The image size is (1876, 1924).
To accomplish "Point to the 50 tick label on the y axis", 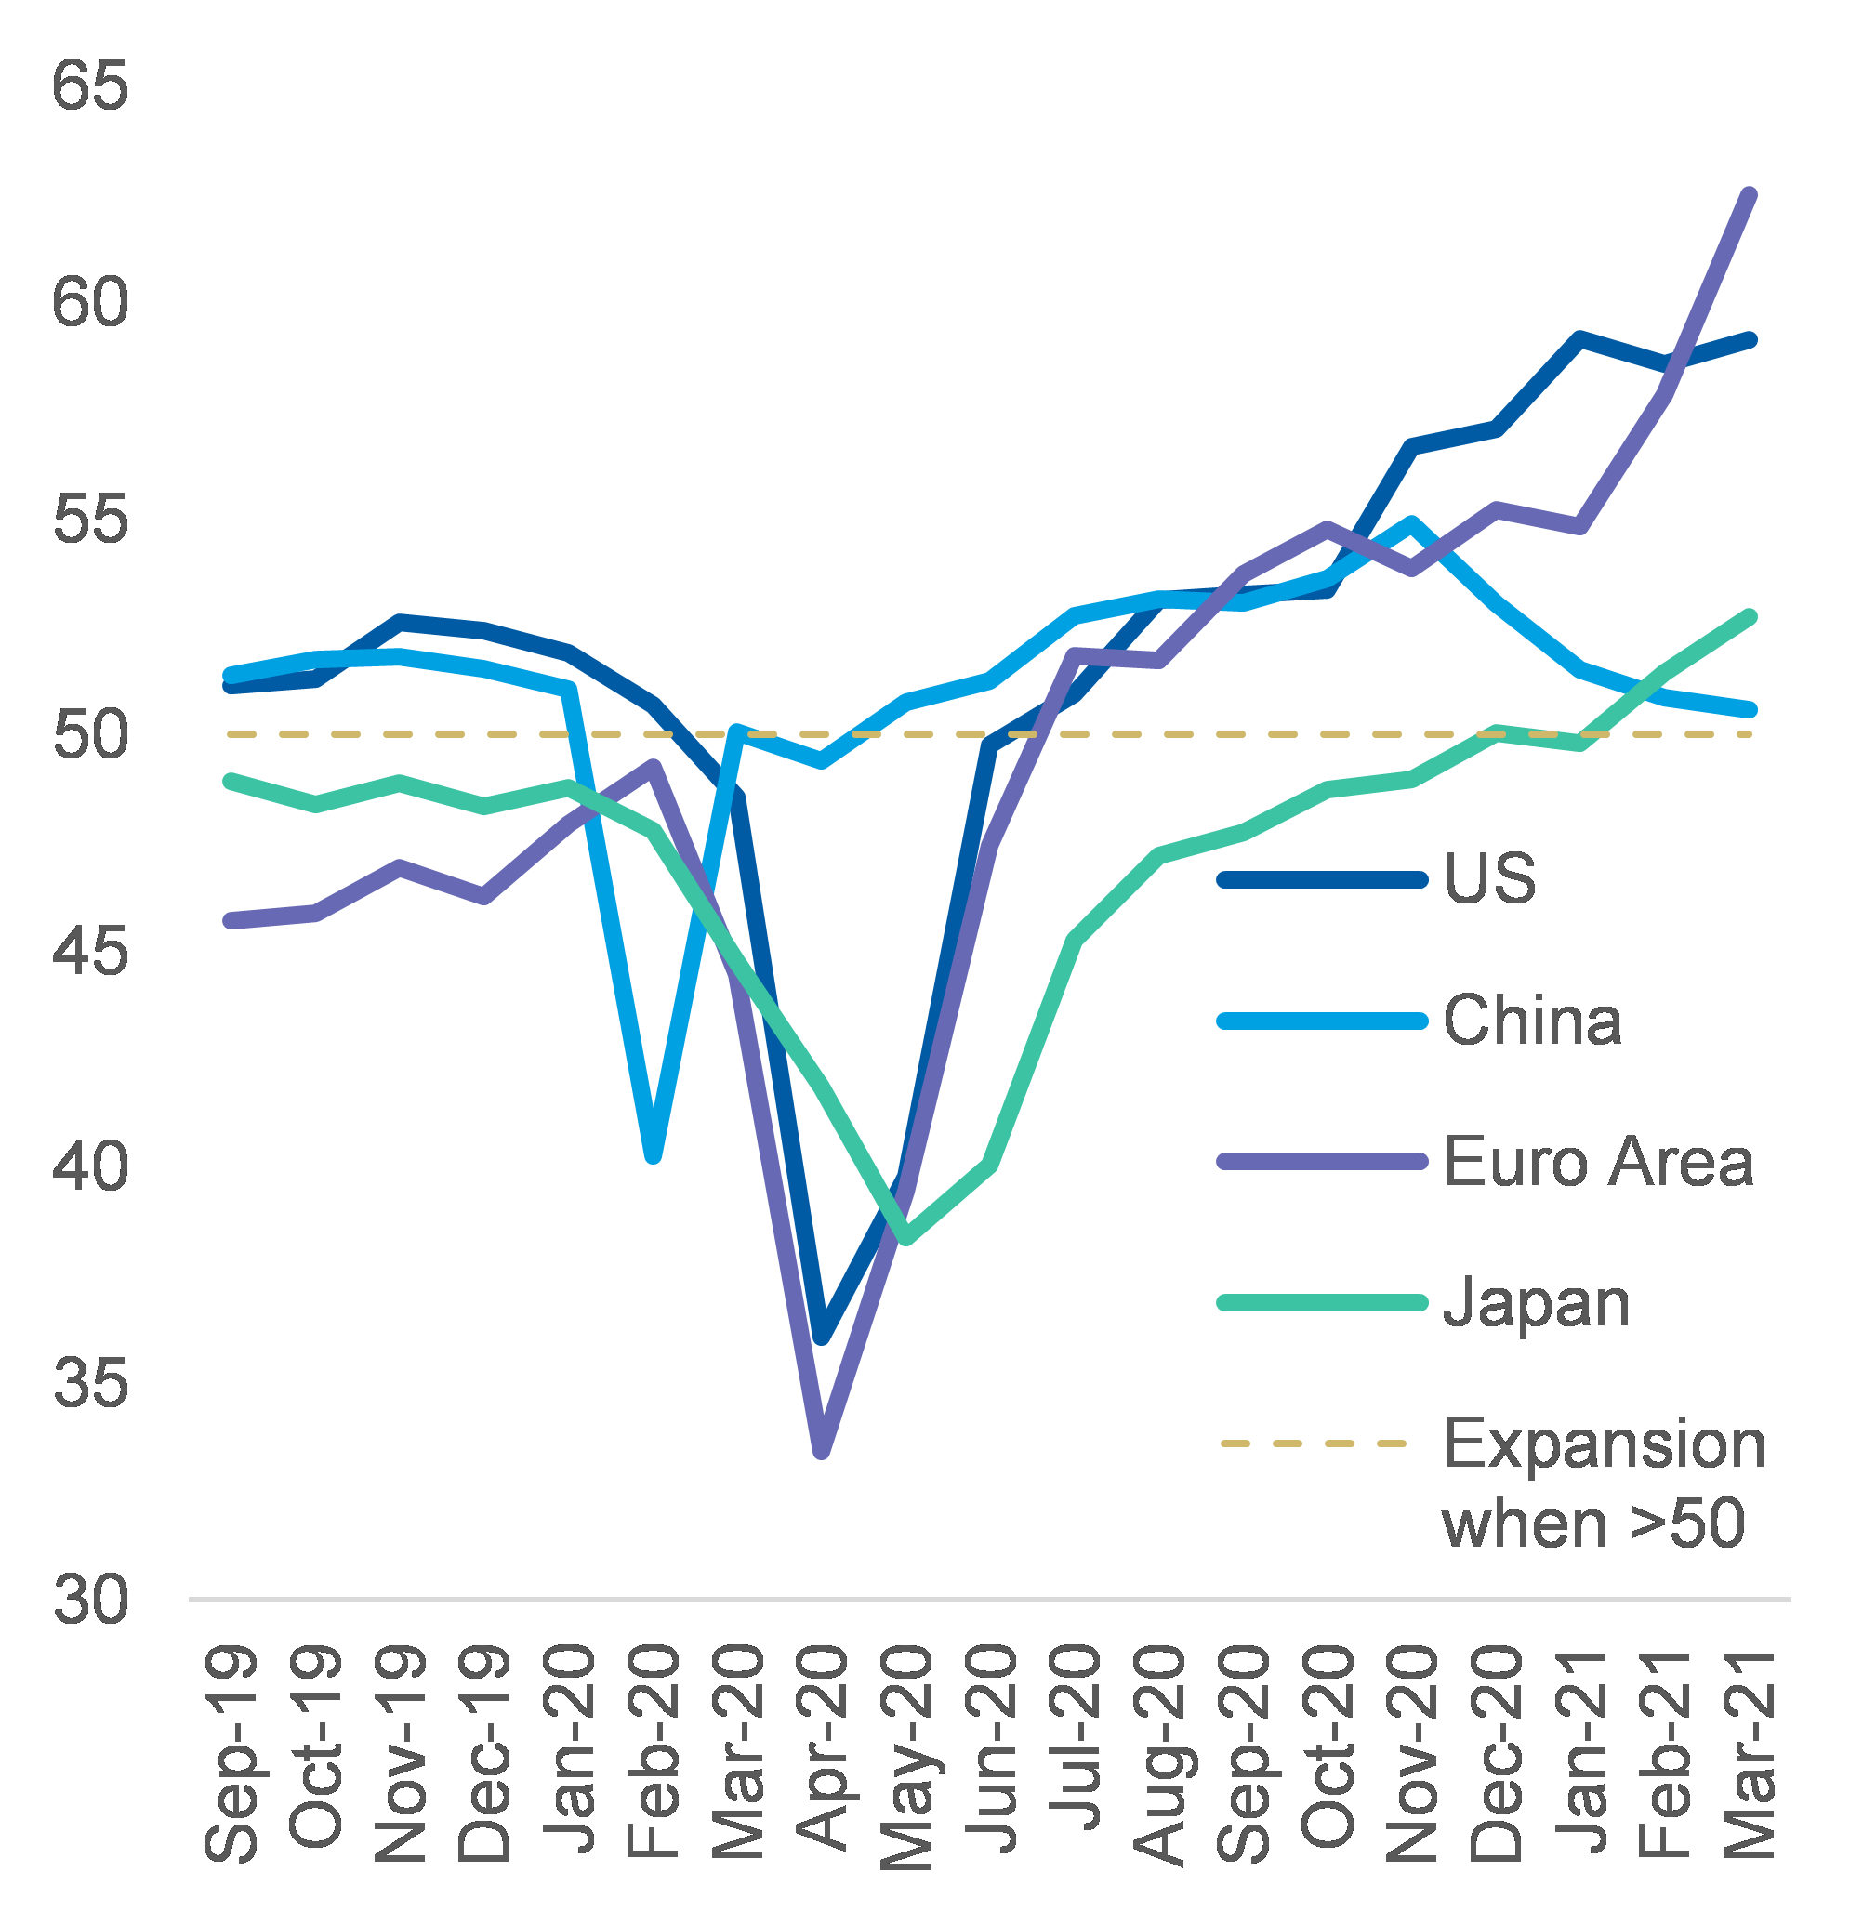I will [89, 735].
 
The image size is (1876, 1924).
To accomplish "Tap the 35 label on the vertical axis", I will [89, 1383].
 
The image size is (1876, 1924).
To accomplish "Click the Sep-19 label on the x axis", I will [231, 1754].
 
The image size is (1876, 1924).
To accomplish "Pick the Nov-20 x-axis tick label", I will [1413, 1754].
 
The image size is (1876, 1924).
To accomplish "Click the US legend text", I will [1490, 877].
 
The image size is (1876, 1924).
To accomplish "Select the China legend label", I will [1532, 1020].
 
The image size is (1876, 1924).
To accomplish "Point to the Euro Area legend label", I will [1598, 1162].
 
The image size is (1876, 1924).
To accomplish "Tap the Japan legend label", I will [1536, 1303].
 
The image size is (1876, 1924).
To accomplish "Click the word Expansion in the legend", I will [1604, 1444].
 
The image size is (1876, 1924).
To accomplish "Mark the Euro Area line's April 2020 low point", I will [822, 1451].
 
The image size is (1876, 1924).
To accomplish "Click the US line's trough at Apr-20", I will [823, 1338].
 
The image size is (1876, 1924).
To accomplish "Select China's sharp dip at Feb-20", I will [654, 1155].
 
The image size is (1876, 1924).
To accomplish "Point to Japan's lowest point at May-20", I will [906, 1238].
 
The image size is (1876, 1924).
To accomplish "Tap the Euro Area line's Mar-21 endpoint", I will [1750, 194].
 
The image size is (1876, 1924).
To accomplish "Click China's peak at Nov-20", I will [1412, 522].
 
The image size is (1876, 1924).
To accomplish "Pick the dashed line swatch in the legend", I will [1314, 1443].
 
